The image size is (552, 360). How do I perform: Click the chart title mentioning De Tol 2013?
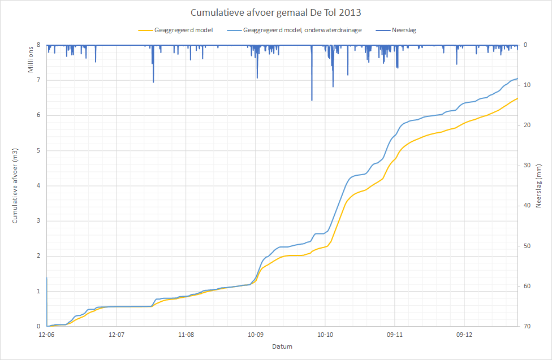(x=276, y=12)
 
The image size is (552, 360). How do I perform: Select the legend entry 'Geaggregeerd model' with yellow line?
(x=183, y=30)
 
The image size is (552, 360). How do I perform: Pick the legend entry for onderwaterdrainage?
(x=301, y=30)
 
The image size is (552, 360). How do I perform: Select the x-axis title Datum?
(x=282, y=346)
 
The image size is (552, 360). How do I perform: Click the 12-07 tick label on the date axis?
(x=116, y=335)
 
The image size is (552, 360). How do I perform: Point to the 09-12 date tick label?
(x=464, y=335)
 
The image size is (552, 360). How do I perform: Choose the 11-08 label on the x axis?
(x=186, y=335)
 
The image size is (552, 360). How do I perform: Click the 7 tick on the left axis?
(x=39, y=80)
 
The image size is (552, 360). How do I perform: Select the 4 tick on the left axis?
(x=39, y=186)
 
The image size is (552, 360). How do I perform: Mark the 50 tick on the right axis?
(x=526, y=246)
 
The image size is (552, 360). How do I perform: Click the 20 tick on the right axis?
(x=526, y=125)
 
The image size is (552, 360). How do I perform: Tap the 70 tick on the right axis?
(x=526, y=327)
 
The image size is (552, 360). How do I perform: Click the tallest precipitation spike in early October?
(x=312, y=99)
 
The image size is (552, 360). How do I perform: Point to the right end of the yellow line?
(x=517, y=98)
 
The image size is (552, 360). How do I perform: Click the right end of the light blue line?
(x=517, y=79)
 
